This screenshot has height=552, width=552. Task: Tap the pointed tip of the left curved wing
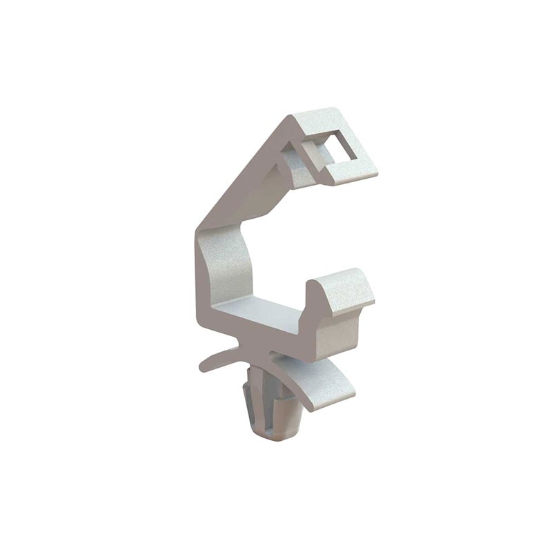pyautogui.click(x=202, y=368)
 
